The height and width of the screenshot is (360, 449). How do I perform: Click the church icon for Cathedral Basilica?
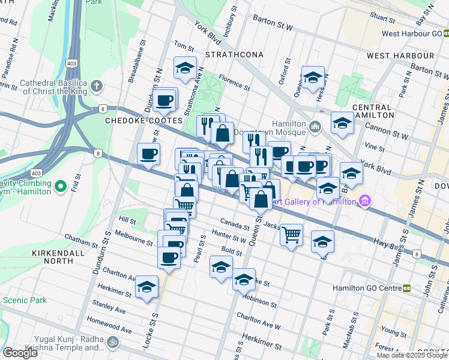pyautogui.click(x=97, y=88)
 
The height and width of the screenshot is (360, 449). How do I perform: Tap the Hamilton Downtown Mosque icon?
pyautogui.click(x=316, y=127)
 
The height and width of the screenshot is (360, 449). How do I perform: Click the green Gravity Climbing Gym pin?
pyautogui.click(x=59, y=188)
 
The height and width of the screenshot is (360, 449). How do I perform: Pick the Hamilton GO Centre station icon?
pyautogui.click(x=407, y=288)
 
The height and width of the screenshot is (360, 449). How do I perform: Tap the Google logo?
pyautogui.click(x=20, y=352)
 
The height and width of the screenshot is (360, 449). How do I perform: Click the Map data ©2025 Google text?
pyautogui.click(x=412, y=355)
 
